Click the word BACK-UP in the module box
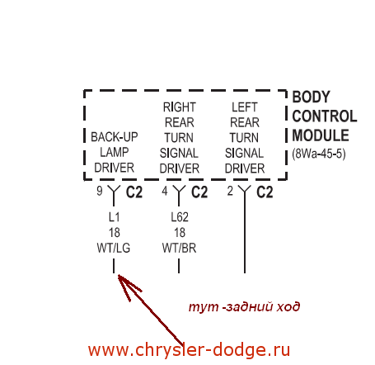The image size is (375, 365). [x=115, y=137]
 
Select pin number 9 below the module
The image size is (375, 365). [x=100, y=191]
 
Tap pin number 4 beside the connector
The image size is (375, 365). [x=165, y=191]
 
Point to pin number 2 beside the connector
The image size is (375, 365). [x=230, y=191]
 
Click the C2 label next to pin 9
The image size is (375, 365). [x=134, y=192]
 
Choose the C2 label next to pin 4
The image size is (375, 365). [x=199, y=192]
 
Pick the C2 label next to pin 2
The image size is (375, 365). [x=265, y=192]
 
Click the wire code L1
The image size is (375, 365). [x=114, y=217]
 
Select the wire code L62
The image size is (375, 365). [x=180, y=217]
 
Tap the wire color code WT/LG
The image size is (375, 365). [x=114, y=248]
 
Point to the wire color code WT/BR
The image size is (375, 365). [x=179, y=248]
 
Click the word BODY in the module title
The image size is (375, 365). [x=311, y=97]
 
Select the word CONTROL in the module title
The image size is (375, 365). [x=325, y=116]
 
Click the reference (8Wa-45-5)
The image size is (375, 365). [x=319, y=154]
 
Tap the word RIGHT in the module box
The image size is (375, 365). [x=180, y=107]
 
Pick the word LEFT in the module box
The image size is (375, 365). [x=245, y=107]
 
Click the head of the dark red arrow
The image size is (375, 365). [x=119, y=275]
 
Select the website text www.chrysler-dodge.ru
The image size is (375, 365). [x=189, y=350]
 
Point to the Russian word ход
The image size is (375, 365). [x=288, y=306]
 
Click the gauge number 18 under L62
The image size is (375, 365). [x=180, y=233]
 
